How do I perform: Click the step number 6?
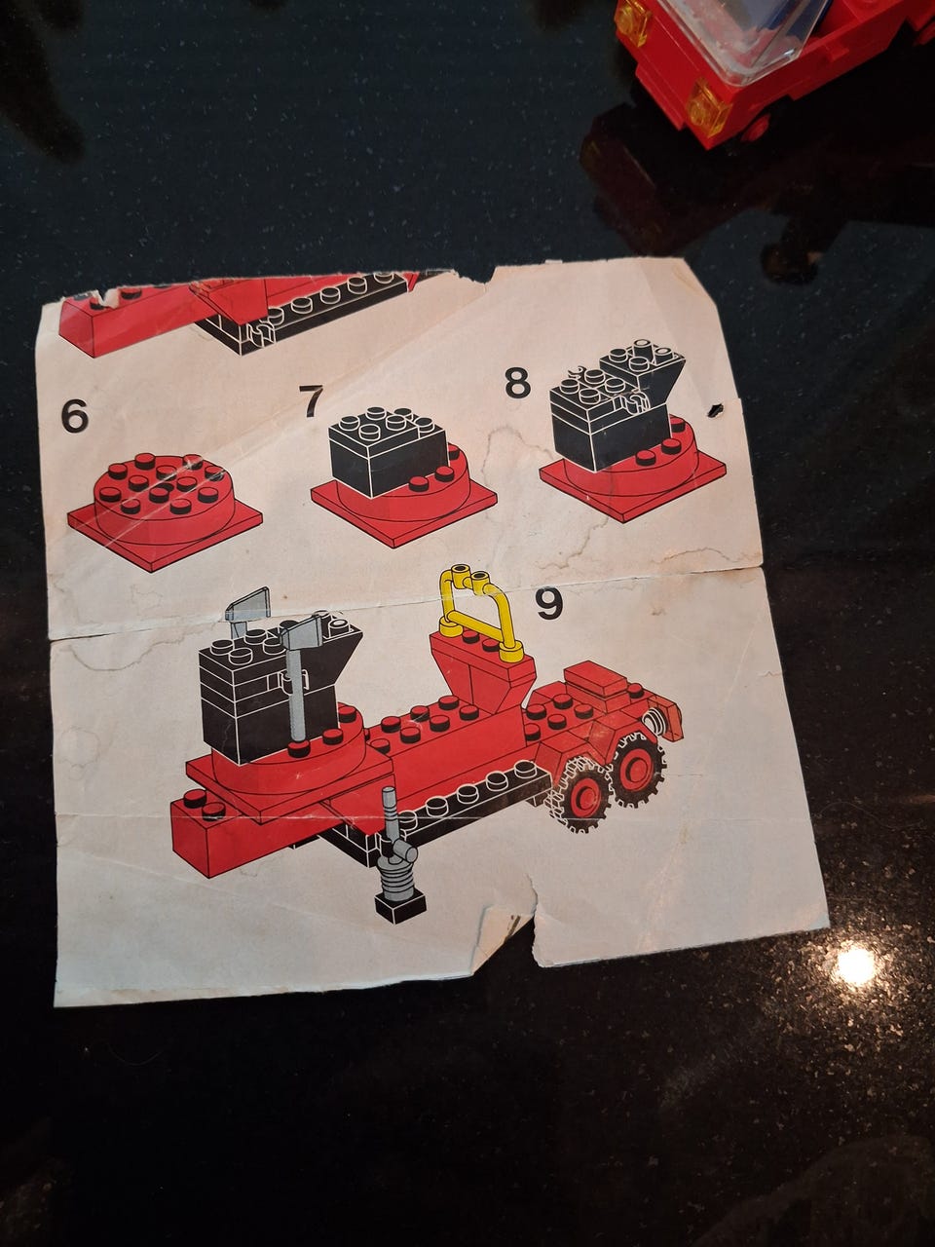[75, 415]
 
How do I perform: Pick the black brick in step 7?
[389, 451]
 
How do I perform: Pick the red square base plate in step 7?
[403, 506]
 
